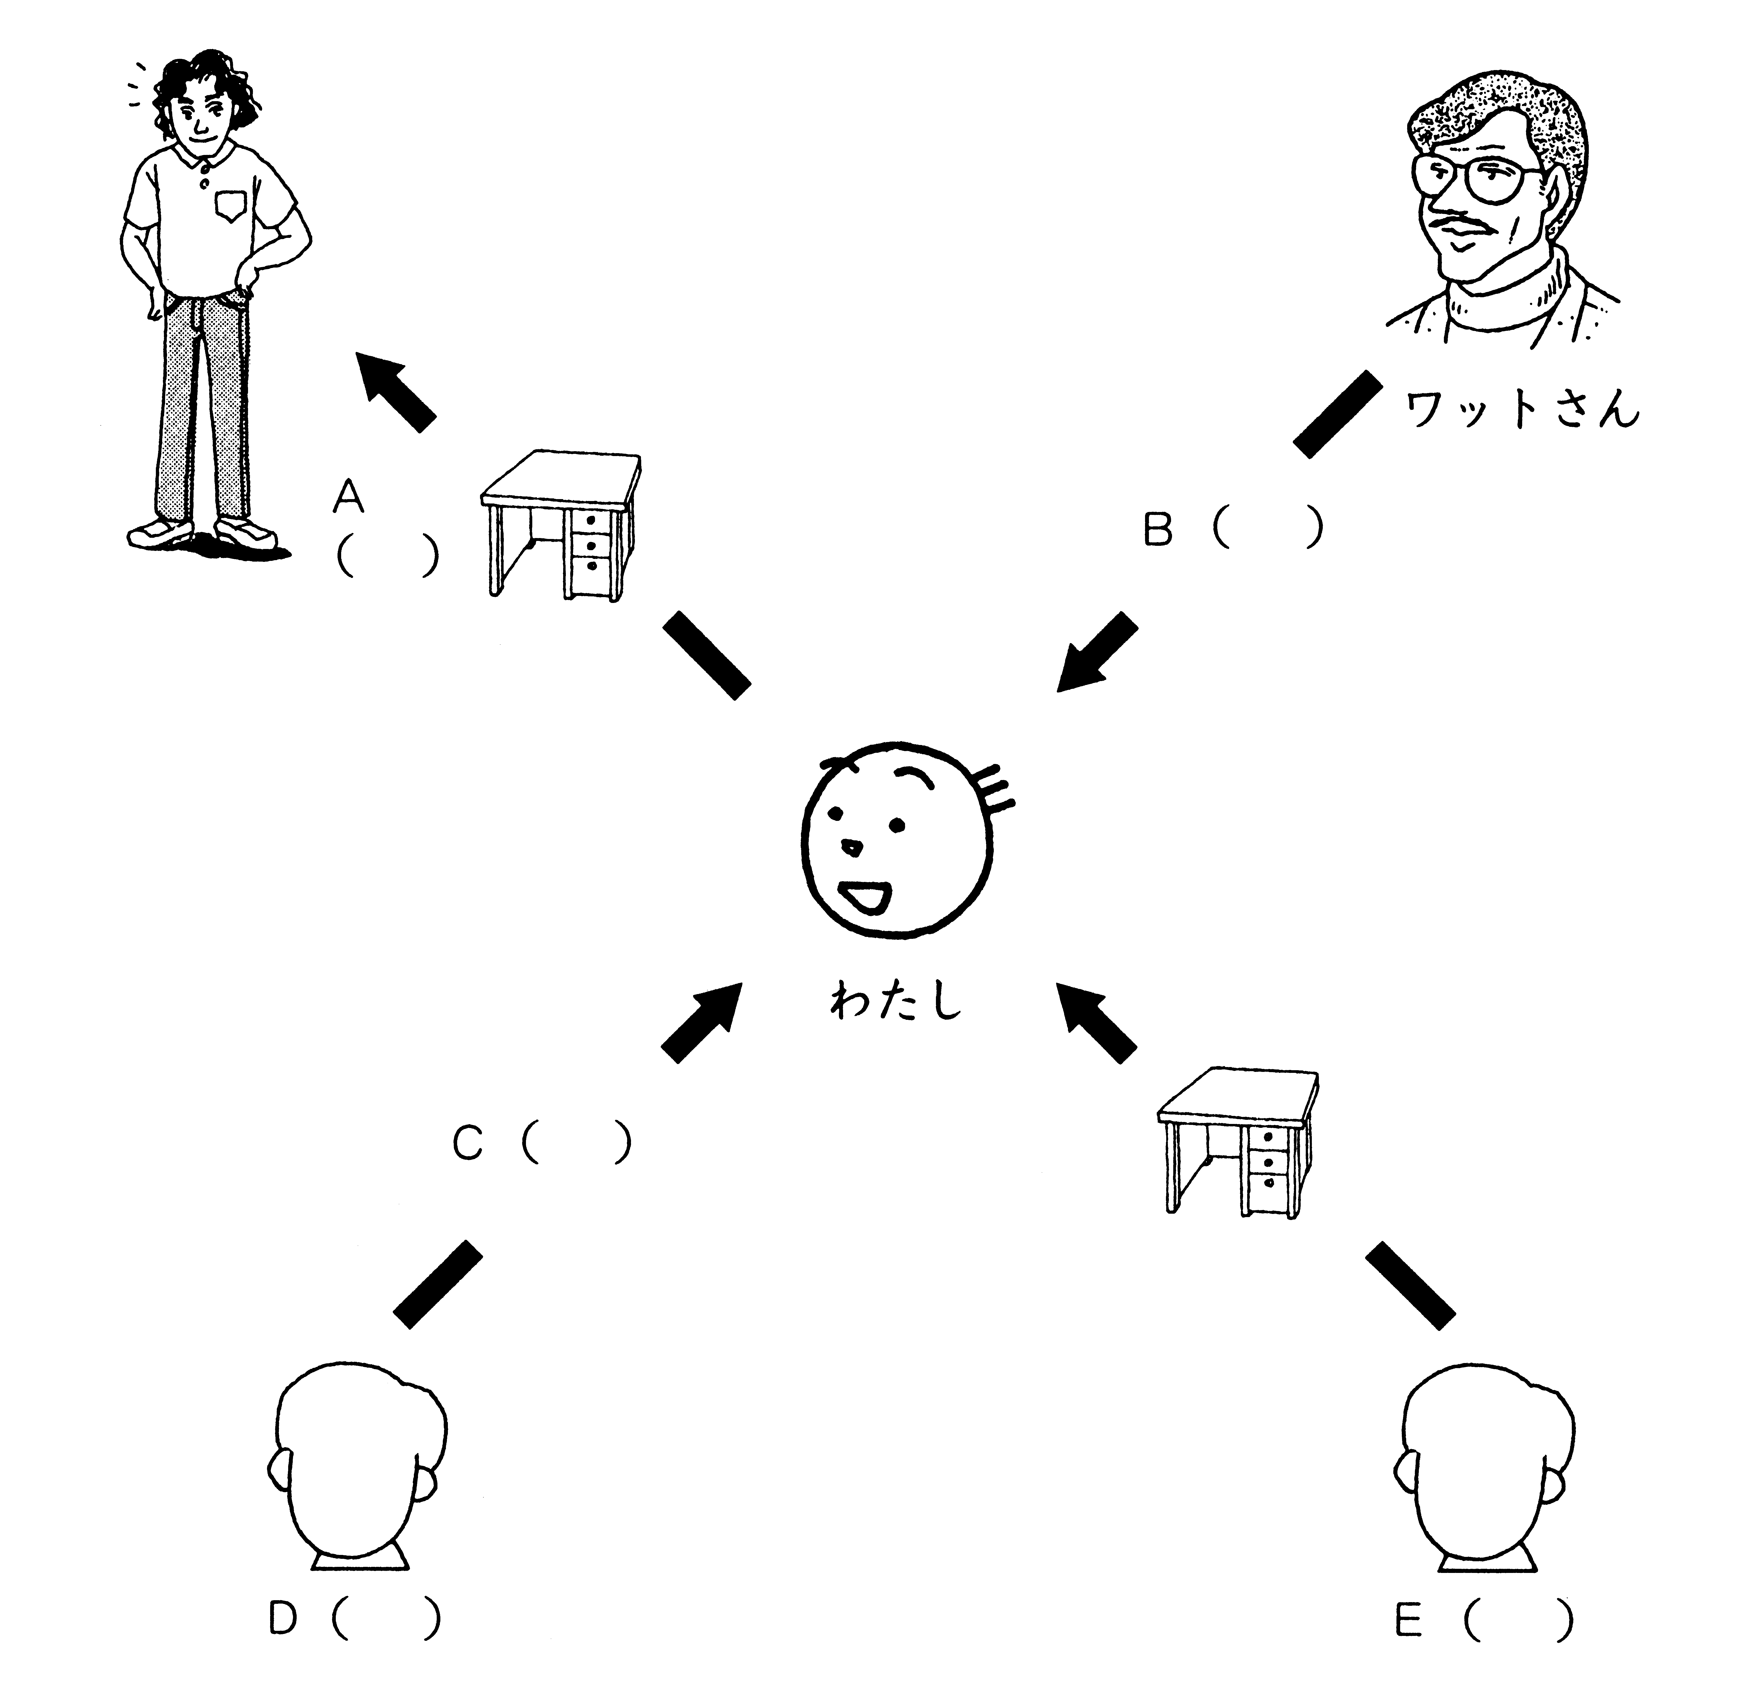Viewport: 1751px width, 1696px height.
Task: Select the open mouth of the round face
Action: (867, 896)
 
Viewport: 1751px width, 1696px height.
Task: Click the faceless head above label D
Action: (357, 1465)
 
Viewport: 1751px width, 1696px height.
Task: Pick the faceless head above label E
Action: (1483, 1465)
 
